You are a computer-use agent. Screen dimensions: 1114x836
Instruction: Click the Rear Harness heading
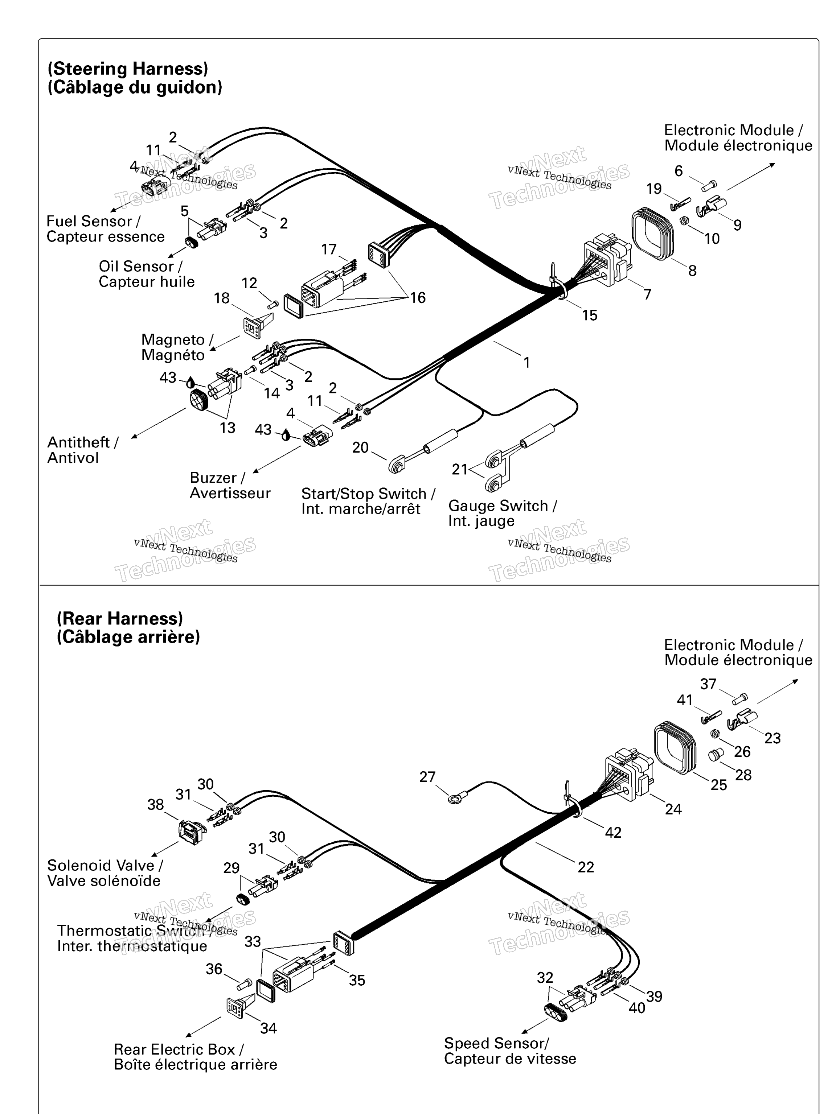pos(119,618)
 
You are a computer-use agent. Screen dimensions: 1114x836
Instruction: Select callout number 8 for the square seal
pos(692,271)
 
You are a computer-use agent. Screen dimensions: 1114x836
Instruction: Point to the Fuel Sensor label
pos(94,222)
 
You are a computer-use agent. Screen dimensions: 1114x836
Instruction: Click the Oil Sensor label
pos(140,267)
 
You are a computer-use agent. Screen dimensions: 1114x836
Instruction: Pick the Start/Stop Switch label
pos(368,494)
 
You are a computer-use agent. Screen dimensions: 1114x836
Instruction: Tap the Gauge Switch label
pos(503,506)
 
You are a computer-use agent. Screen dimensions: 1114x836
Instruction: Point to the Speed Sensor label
pos(496,1043)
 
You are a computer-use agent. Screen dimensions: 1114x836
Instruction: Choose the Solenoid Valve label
pos(105,865)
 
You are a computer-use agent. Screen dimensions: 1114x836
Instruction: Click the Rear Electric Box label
pos(179,1049)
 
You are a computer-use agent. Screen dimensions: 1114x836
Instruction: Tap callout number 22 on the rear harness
pos(586,867)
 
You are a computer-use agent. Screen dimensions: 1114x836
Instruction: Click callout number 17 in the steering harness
pos(328,249)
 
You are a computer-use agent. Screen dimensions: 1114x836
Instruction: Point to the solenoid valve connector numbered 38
pos(192,832)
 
